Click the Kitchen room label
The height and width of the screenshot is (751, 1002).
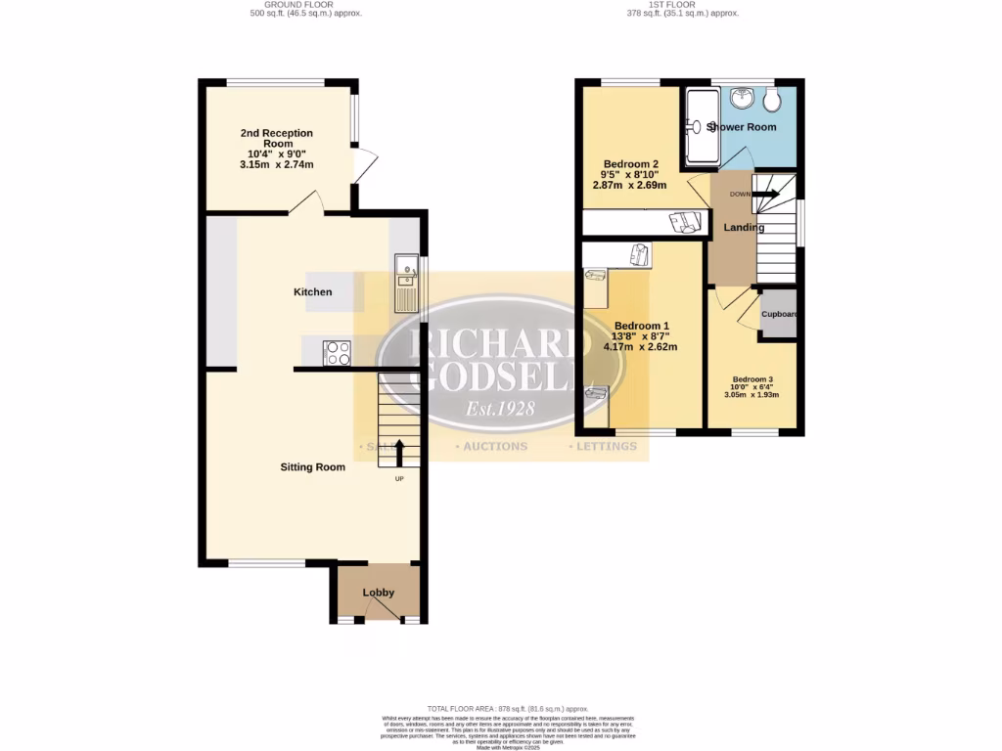pos(313,292)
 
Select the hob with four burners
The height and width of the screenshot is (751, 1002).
pos(338,352)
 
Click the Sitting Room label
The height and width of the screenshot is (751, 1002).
pos(313,467)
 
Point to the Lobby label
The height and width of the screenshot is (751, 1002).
pos(379,593)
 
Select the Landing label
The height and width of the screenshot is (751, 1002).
pos(744,228)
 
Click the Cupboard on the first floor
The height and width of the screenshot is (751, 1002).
pos(780,315)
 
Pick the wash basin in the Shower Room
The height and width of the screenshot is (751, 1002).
pos(742,99)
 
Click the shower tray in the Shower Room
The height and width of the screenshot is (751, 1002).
pos(701,127)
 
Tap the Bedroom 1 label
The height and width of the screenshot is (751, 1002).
pos(642,326)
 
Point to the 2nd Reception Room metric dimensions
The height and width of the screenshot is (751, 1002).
pos(276,165)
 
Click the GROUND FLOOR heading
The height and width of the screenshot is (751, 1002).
pos(299,4)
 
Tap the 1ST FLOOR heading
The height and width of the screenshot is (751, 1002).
pos(683,4)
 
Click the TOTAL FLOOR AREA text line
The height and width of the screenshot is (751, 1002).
pos(508,708)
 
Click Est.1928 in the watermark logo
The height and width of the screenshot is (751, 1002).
pos(499,409)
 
